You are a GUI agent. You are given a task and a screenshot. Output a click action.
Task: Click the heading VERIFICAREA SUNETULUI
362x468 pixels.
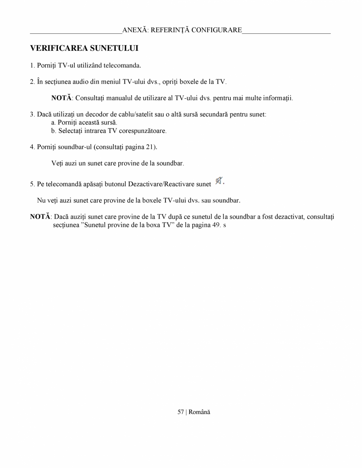[84, 49]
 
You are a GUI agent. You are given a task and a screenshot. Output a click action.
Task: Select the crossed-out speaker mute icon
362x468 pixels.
[218, 181]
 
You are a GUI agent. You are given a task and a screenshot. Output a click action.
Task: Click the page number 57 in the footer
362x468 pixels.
[181, 412]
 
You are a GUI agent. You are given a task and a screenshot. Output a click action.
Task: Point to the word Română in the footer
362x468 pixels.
[199, 412]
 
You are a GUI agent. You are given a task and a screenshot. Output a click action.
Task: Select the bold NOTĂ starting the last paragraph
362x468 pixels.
[40, 217]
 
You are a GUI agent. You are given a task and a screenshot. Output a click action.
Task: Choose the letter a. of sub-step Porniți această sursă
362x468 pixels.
[54, 123]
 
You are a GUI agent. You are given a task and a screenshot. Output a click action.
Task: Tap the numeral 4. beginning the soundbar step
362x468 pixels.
[32, 147]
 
